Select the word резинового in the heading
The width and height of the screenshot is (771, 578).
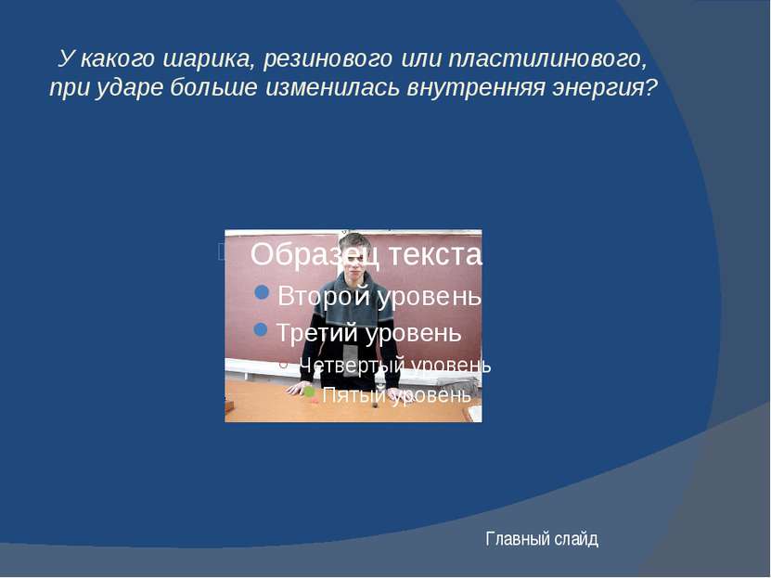click(328, 59)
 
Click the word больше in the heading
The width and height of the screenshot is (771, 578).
click(213, 87)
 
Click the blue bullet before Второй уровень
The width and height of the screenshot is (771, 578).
click(262, 292)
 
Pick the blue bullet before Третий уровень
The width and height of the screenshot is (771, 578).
click(261, 329)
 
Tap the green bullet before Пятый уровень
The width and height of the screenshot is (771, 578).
click(309, 392)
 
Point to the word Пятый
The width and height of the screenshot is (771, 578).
click(354, 394)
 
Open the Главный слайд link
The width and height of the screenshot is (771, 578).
click(542, 539)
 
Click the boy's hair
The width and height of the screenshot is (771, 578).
click(354, 243)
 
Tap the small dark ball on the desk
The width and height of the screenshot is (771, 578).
click(375, 406)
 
